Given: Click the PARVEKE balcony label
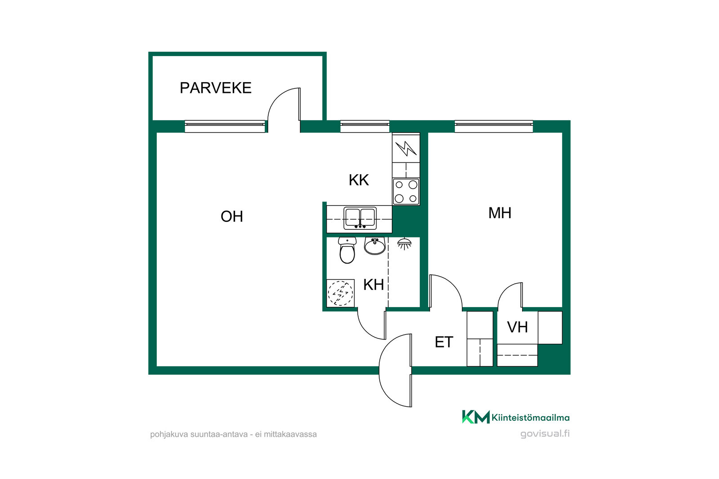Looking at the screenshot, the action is [215, 88].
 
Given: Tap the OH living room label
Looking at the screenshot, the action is [232, 216].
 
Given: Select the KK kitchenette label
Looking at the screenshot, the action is [359, 180].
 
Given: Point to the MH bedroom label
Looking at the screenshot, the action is [500, 213].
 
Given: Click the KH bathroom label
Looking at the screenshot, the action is [373, 284].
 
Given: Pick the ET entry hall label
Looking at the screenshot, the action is [444, 342].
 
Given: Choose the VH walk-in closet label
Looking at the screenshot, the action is [517, 327].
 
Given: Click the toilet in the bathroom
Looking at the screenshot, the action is [347, 250].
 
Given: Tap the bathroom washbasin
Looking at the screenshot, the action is [375, 246].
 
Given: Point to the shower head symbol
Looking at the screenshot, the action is [404, 244].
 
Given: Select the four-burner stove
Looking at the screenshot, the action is [406, 191].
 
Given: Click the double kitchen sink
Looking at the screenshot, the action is [360, 218].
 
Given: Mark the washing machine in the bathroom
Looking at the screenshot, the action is [341, 293].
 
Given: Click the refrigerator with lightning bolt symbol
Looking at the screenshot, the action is [406, 149].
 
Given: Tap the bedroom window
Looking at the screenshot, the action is [494, 126].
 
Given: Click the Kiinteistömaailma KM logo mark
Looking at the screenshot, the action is [476, 417].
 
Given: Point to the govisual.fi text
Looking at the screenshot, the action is [545, 434].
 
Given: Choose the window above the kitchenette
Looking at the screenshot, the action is [365, 126].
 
